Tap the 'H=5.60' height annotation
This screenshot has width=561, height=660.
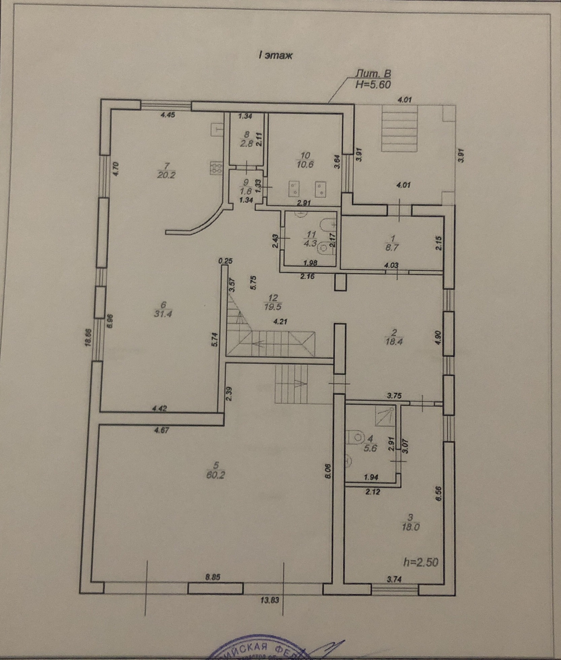(373, 85)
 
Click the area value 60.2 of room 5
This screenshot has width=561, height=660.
(216, 475)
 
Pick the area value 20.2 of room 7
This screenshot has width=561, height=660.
(166, 175)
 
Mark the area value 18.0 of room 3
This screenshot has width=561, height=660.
(410, 527)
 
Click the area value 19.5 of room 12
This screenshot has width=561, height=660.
(273, 307)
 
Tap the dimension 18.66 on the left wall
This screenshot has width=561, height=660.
(88, 337)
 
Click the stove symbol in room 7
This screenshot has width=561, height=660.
(216, 168)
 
